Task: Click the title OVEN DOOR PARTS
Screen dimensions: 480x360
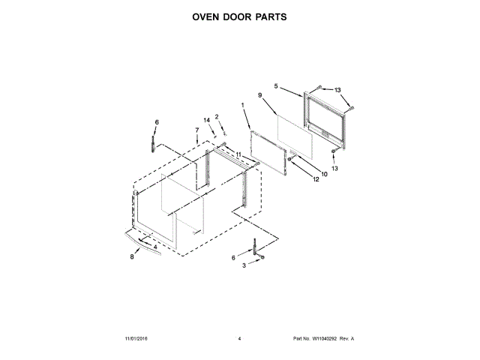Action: (x=240, y=16)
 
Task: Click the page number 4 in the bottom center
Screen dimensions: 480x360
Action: (x=239, y=339)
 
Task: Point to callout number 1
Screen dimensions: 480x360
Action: (x=243, y=105)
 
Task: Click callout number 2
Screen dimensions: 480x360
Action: (x=217, y=116)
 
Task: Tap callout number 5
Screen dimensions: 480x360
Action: (x=276, y=86)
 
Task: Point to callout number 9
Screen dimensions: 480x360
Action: (x=259, y=95)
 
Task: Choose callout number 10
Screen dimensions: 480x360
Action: (x=325, y=175)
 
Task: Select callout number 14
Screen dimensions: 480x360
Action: (x=206, y=120)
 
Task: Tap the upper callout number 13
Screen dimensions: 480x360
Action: (x=337, y=90)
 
